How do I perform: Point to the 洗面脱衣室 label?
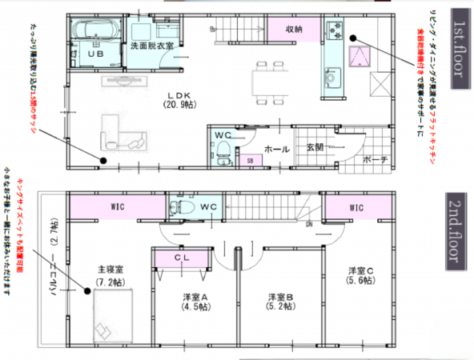click(151, 46)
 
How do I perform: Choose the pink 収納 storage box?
click(293, 29)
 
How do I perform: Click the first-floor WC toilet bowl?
click(223, 150)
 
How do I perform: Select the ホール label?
click(277, 149)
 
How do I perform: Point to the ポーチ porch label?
click(375, 159)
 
